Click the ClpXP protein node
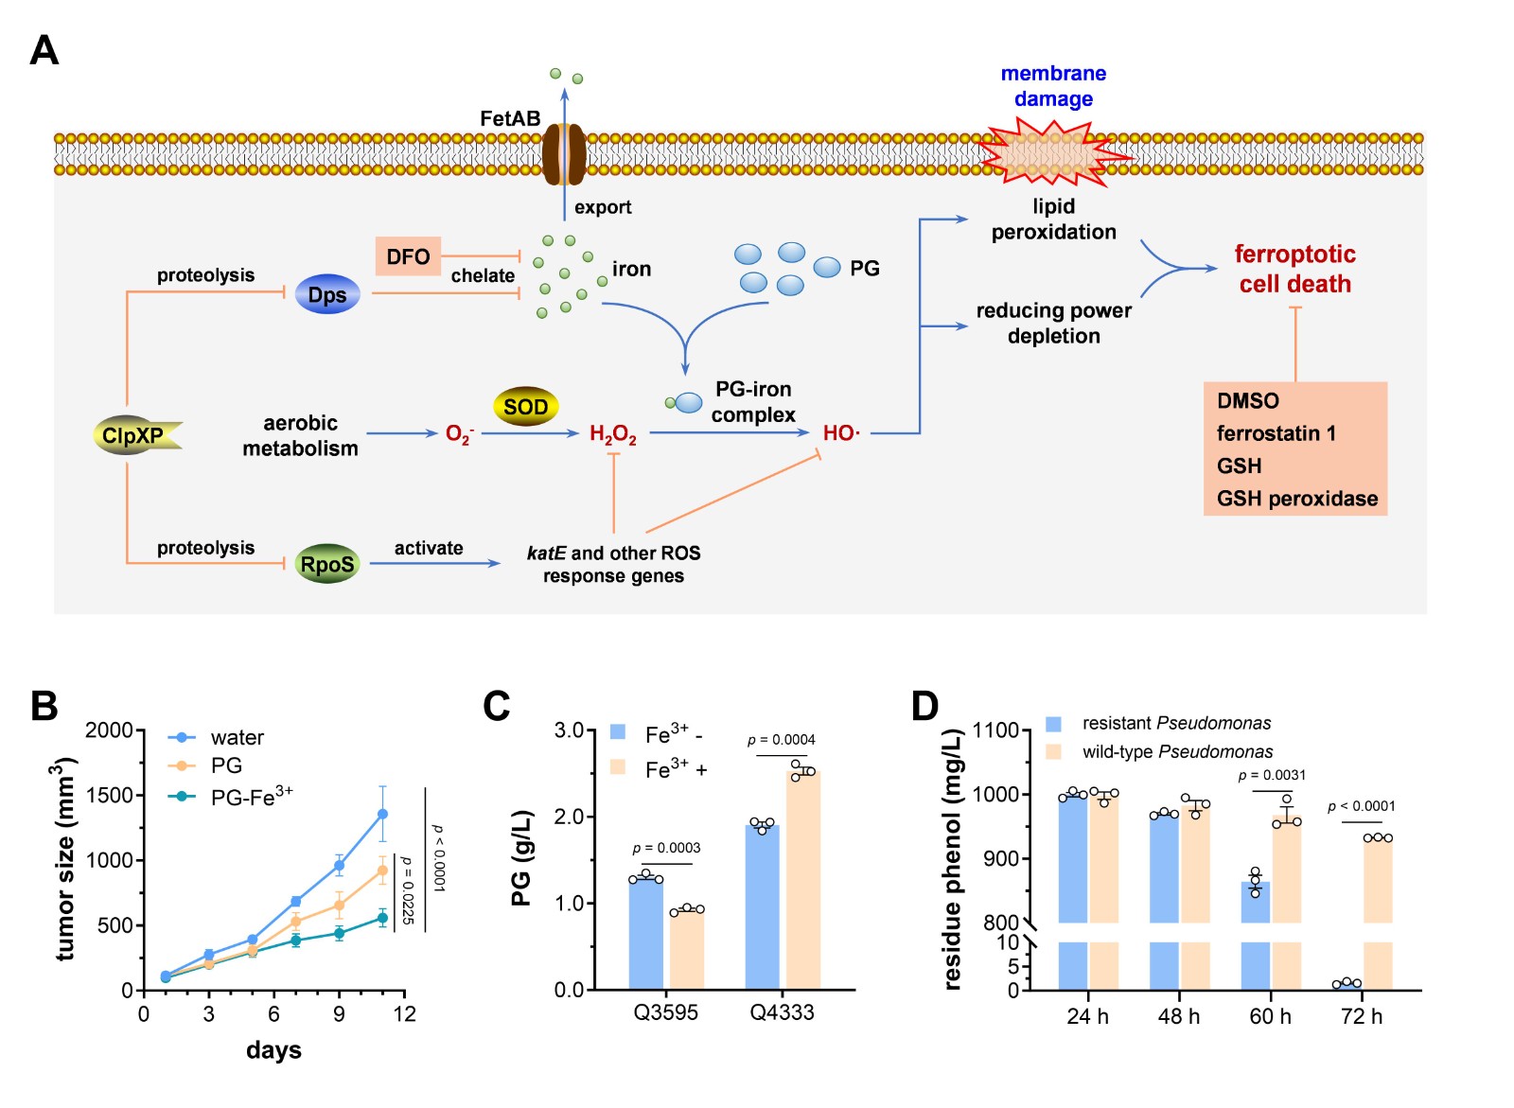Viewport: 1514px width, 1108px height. click(x=133, y=435)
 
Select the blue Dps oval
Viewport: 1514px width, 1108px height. click(x=327, y=294)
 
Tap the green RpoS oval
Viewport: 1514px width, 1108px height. click(x=327, y=564)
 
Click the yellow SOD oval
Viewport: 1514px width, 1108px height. click(x=525, y=407)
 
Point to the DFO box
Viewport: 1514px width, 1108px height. click(x=408, y=256)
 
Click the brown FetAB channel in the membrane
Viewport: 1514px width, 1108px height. click(x=564, y=153)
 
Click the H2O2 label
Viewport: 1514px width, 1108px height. click(x=612, y=434)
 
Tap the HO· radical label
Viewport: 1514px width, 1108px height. click(x=841, y=433)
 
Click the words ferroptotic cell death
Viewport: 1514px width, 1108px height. click(x=1294, y=269)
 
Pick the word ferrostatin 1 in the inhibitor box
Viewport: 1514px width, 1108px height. click(x=1276, y=433)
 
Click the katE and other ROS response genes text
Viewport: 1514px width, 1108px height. click(x=613, y=564)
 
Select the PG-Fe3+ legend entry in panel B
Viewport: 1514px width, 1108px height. click(x=251, y=797)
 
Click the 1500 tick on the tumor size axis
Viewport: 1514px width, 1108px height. click(x=110, y=795)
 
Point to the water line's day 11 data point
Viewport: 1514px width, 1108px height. click(x=382, y=814)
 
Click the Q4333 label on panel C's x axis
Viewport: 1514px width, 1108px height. click(x=782, y=1012)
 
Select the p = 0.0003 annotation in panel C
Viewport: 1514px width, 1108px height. click(x=666, y=848)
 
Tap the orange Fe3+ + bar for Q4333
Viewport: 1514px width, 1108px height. click(x=802, y=880)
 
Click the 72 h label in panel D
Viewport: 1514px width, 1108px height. click(x=1362, y=1016)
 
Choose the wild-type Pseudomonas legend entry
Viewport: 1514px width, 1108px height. click(x=1177, y=752)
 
